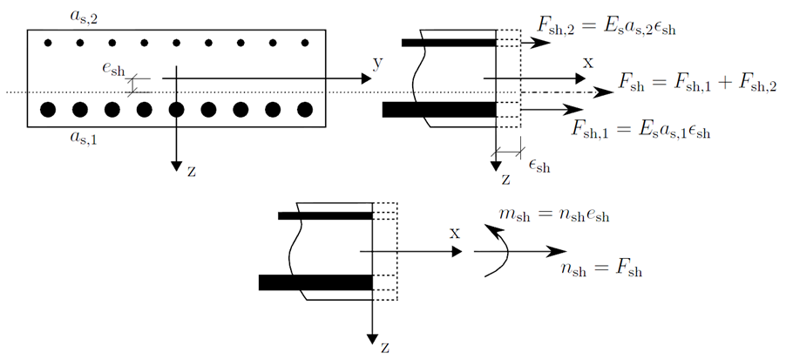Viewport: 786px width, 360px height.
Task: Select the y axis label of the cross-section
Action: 377,65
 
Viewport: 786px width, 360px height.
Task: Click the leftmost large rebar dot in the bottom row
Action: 48,110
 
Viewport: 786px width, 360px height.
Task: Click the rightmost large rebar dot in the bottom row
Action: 304,110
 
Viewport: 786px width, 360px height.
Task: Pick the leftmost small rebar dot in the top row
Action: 48,43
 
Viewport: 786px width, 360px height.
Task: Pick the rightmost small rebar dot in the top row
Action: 304,43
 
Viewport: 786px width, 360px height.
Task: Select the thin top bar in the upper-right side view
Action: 448,42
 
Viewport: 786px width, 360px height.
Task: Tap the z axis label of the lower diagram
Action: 384,347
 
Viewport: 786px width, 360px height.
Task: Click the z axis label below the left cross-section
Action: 191,171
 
